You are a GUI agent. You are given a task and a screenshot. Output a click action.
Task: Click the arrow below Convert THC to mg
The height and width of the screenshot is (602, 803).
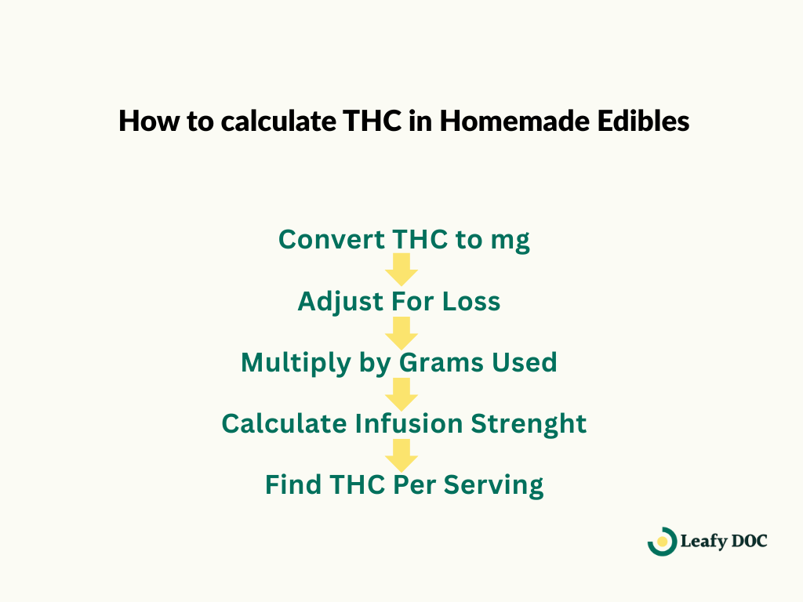pos(401,269)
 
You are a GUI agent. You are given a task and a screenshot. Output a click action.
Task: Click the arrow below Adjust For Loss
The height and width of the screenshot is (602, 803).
pos(401,332)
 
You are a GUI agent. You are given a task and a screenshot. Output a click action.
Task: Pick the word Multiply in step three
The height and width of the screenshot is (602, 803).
pos(289,363)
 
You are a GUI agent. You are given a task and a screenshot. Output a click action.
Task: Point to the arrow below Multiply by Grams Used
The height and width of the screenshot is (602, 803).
pos(401,393)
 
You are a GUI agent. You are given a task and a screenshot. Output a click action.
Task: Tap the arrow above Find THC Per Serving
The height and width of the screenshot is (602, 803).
pos(401,454)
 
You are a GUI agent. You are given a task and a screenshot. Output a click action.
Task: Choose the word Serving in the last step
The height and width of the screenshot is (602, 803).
pos(494,485)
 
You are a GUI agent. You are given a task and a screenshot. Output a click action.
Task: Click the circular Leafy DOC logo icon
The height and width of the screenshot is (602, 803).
pos(662,541)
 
